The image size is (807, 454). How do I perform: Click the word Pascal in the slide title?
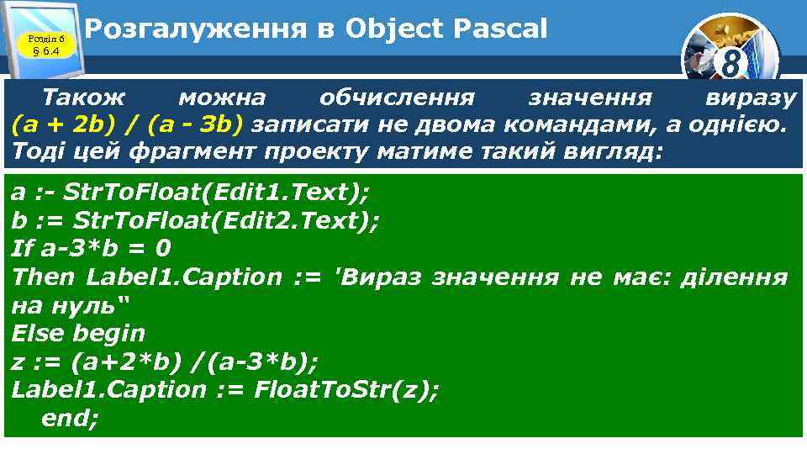pos(499,29)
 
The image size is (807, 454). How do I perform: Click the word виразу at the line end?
pos(750,98)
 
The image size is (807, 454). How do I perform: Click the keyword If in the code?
pos(20,248)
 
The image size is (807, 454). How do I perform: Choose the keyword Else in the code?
pos(37,333)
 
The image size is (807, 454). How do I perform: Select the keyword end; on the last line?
pos(70,418)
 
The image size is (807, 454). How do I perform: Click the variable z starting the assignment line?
pos(18,362)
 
